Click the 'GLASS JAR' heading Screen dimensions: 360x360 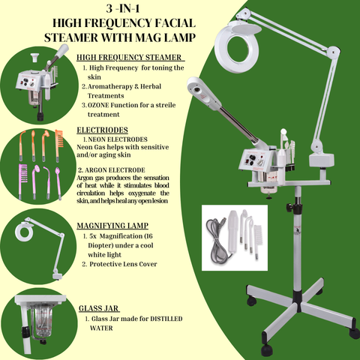100,307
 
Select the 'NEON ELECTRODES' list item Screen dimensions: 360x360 121,139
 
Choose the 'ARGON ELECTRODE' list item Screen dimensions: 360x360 120,170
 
